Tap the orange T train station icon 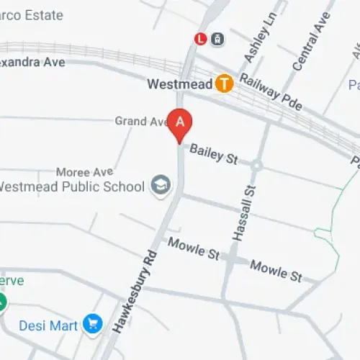point(225,84)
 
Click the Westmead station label point(179,84)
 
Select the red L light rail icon point(201,39)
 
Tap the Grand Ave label point(141,121)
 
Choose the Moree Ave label point(84,173)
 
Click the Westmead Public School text point(70,187)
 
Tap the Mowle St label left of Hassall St point(193,248)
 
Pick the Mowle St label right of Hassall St point(276,271)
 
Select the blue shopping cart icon point(91,325)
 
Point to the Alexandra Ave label point(32,62)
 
